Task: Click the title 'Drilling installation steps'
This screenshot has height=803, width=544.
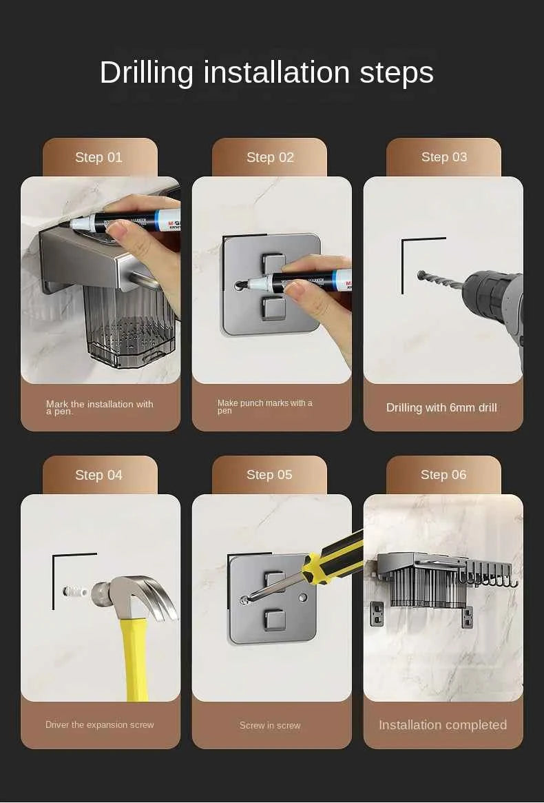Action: click(266, 72)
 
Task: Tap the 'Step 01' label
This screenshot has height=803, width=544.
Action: click(98, 157)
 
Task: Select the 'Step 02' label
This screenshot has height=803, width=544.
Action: click(270, 157)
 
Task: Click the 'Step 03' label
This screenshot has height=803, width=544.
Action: click(444, 157)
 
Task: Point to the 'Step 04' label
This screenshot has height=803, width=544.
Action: click(98, 475)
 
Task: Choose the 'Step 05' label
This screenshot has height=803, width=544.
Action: click(269, 475)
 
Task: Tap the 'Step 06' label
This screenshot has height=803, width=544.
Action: click(443, 475)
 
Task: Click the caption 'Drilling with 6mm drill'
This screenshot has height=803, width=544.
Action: click(441, 407)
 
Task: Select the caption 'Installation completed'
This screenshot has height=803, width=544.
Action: click(443, 725)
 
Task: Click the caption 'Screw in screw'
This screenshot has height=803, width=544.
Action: click(270, 725)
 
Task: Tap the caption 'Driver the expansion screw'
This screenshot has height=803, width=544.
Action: click(100, 725)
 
